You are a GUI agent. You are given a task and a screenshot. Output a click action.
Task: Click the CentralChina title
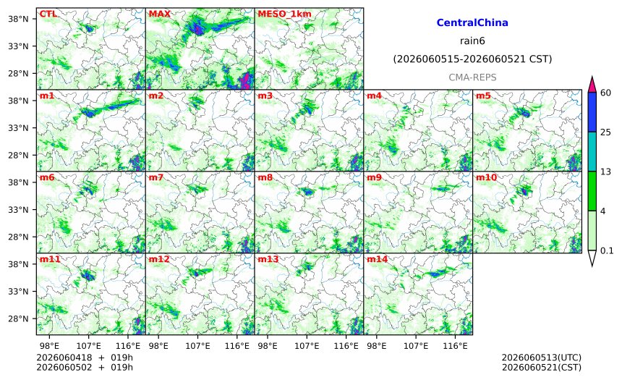pos(472,22)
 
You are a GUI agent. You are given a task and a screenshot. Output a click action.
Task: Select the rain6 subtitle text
pos(472,41)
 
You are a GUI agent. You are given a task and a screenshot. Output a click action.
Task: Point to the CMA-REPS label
pos(472,77)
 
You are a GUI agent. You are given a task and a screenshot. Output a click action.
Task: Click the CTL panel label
pos(48,14)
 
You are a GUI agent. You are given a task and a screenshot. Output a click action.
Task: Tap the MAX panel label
pos(159,14)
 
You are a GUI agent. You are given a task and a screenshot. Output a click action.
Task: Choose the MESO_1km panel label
pos(284,14)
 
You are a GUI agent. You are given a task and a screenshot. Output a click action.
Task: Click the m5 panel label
pos(483,96)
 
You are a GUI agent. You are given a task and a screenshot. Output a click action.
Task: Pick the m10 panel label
pos(486,177)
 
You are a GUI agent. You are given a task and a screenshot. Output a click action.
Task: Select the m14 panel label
pos(377,259)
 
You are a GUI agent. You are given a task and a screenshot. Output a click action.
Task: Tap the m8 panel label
pos(265,177)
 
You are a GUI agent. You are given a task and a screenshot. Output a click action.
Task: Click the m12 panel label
pos(158,259)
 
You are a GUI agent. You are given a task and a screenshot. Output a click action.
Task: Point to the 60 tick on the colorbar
pos(606,93)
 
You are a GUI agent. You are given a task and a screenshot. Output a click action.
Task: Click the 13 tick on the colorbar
pos(606,172)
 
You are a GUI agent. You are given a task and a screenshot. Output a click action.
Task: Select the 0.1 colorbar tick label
pos(607,251)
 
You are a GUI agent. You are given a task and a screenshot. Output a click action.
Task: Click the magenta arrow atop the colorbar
pos(592,85)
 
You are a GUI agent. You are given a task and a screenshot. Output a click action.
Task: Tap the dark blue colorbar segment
pos(592,112)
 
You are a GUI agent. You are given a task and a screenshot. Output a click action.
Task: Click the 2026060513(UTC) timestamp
pos(542,358)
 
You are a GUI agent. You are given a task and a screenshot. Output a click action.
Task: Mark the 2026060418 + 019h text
pos(85,358)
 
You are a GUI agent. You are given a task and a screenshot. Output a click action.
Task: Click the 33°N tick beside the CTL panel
pos(18,46)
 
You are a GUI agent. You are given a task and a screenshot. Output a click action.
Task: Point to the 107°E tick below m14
pos(416,346)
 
